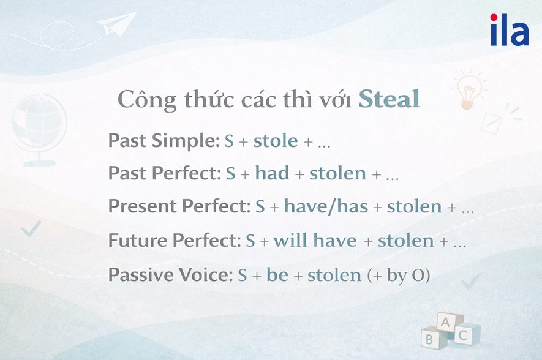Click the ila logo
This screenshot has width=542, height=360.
509,31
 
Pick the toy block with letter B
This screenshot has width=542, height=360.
431,336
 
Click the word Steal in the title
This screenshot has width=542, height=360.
389,99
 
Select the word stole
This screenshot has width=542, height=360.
276,141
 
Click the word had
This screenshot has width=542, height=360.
272,174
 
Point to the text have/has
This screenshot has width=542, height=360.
326,207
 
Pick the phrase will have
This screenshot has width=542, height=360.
315,241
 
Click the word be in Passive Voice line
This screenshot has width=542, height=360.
277,275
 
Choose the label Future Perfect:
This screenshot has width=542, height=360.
175,241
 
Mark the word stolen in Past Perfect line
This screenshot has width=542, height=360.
337,174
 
